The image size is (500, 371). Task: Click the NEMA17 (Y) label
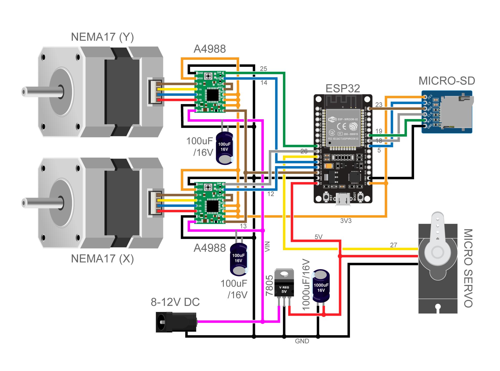pyautogui.click(x=102, y=37)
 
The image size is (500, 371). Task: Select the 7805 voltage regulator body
pyautogui.click(x=284, y=285)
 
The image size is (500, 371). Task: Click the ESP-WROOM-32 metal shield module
pyautogui.click(x=343, y=128)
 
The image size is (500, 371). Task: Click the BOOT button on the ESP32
pyautogui.click(x=360, y=197)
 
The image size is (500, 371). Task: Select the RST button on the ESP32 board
pyautogui.click(x=326, y=197)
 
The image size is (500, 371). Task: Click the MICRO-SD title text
pyautogui.click(x=446, y=81)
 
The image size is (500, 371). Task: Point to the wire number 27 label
pyautogui.click(x=393, y=245)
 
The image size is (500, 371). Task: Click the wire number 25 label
pyautogui.click(x=263, y=69)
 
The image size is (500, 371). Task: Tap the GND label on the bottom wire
pyautogui.click(x=302, y=341)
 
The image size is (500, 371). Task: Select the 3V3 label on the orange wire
pyautogui.click(x=346, y=221)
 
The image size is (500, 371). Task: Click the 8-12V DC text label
pyautogui.click(x=175, y=302)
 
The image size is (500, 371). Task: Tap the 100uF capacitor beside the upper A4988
pyautogui.click(x=224, y=148)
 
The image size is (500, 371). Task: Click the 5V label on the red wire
pyautogui.click(x=318, y=237)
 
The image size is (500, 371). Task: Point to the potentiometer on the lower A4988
pyautogui.click(x=208, y=187)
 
